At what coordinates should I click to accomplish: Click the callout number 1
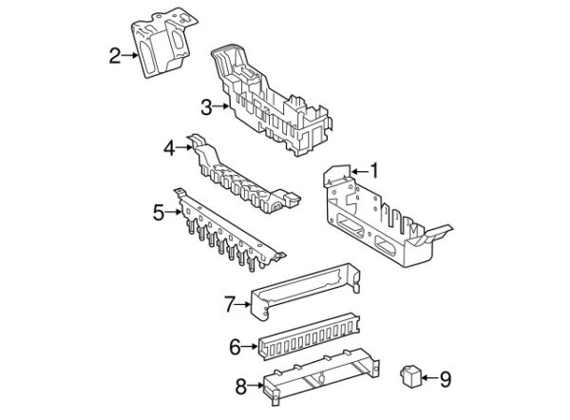pyautogui.click(x=374, y=171)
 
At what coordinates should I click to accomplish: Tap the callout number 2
pyautogui.click(x=115, y=56)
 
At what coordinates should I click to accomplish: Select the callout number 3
pyautogui.click(x=206, y=106)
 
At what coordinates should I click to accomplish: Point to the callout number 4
pyautogui.click(x=169, y=148)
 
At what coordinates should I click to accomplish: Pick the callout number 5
pyautogui.click(x=159, y=212)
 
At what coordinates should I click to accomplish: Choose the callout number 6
pyautogui.click(x=235, y=347)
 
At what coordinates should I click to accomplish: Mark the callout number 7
pyautogui.click(x=230, y=304)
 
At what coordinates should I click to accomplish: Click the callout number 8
pyautogui.click(x=241, y=386)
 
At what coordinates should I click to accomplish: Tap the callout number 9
pyautogui.click(x=446, y=378)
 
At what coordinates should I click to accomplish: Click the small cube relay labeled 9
pyautogui.click(x=410, y=375)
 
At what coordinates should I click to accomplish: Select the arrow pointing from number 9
pyautogui.click(x=429, y=378)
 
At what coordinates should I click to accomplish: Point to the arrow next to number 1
pyautogui.click(x=359, y=171)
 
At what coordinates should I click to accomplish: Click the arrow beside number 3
pyautogui.click(x=221, y=106)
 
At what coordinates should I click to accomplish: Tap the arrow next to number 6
pyautogui.click(x=249, y=347)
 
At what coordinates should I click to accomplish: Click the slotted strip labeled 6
pyautogui.click(x=309, y=335)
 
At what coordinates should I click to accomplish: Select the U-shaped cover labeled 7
pyautogui.click(x=305, y=292)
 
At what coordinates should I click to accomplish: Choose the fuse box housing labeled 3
pyautogui.click(x=271, y=101)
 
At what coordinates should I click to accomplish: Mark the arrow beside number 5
pyautogui.click(x=174, y=212)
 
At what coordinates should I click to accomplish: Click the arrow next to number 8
pyautogui.click(x=256, y=385)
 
